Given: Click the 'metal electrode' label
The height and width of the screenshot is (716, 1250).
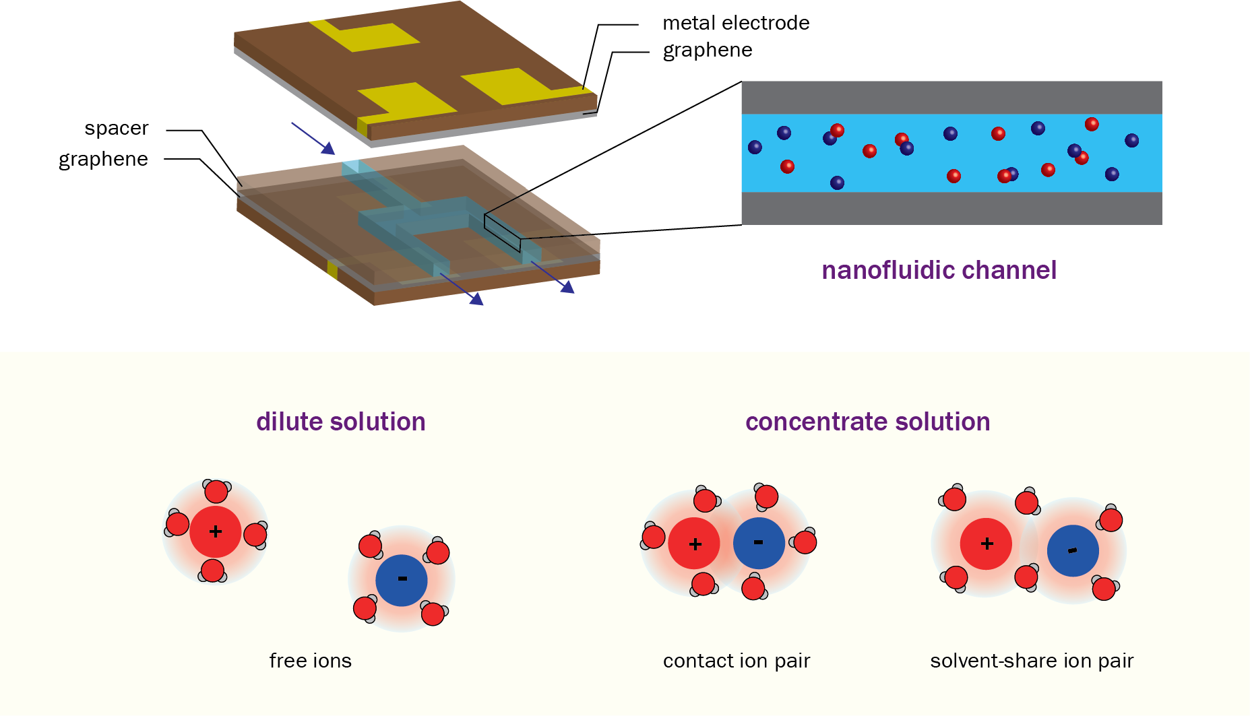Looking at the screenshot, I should tap(736, 23).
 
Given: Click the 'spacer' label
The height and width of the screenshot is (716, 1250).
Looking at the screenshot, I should tap(116, 128).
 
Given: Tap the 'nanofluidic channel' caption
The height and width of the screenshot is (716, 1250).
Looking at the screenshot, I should tap(939, 270).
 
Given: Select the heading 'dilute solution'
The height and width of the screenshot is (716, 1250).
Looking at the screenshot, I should tap(340, 422).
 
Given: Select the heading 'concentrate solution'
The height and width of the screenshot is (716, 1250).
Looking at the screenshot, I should tap(867, 422).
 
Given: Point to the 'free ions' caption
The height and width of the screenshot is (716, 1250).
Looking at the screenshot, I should tap(310, 661).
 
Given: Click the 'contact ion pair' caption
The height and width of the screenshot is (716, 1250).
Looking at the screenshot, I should tap(736, 661).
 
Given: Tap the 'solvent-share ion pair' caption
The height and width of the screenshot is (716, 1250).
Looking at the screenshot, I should tap(1032, 661).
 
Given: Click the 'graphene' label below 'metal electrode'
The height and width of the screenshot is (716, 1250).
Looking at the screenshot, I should tap(707, 51).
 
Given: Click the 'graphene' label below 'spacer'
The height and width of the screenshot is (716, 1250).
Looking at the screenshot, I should tap(103, 159).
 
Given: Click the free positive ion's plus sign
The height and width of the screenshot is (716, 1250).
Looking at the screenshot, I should tap(216, 531).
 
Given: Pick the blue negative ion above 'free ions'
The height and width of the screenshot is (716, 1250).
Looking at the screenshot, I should tap(402, 580).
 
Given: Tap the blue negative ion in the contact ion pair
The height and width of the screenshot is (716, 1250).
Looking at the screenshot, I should tap(759, 543).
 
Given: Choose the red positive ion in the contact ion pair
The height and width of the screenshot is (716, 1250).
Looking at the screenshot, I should tap(695, 544).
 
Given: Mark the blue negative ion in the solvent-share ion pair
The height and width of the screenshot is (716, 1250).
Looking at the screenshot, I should tap(1073, 551).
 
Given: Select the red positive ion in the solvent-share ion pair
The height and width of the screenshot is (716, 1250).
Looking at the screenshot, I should tap(986, 544).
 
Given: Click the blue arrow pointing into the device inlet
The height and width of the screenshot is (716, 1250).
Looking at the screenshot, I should tap(313, 138).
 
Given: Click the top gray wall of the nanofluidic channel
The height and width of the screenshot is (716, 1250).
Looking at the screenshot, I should tap(951, 98).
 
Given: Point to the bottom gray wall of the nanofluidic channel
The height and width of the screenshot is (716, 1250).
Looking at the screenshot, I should tap(951, 208).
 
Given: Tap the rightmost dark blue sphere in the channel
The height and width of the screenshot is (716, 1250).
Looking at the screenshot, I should tap(1132, 140).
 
